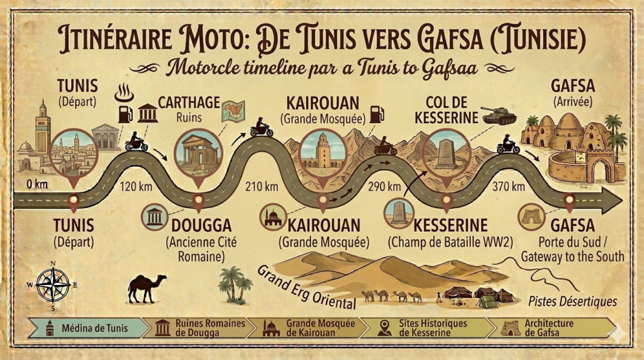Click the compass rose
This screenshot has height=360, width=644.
click(x=53, y=284)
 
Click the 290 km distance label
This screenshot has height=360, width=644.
click(x=385, y=186)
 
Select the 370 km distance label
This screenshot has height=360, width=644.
click(x=509, y=186)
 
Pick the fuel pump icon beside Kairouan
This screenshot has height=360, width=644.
click(x=377, y=114)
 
